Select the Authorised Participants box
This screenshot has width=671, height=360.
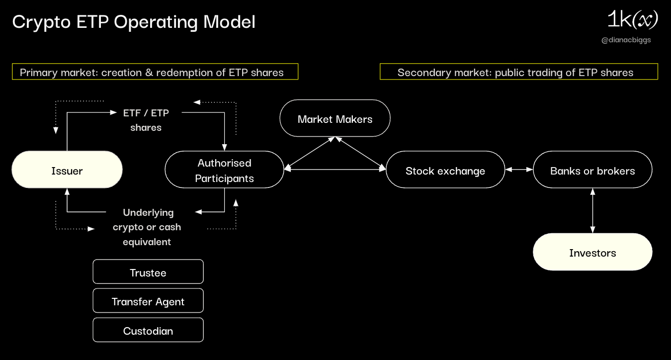tap(224, 170)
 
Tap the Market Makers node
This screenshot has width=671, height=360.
tap(335, 118)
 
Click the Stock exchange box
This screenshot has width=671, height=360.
tap(445, 170)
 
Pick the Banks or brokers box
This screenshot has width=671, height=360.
tap(592, 170)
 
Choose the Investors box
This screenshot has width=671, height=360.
tap(592, 252)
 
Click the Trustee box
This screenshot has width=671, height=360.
tap(148, 272)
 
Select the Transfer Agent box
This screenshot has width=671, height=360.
tap(148, 301)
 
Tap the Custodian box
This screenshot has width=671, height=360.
tap(148, 330)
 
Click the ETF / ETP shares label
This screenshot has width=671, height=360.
tap(146, 120)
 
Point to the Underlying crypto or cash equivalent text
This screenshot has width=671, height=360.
tap(147, 227)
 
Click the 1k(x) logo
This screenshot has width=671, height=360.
tap(632, 20)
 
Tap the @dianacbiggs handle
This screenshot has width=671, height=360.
tap(626, 40)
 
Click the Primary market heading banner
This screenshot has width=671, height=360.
tap(155, 72)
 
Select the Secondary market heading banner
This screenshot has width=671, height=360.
tap(518, 72)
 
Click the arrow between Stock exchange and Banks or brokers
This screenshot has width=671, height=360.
tap(519, 170)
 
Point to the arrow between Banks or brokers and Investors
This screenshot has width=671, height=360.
tap(592, 210)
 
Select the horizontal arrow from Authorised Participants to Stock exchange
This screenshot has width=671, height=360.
tap(335, 170)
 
